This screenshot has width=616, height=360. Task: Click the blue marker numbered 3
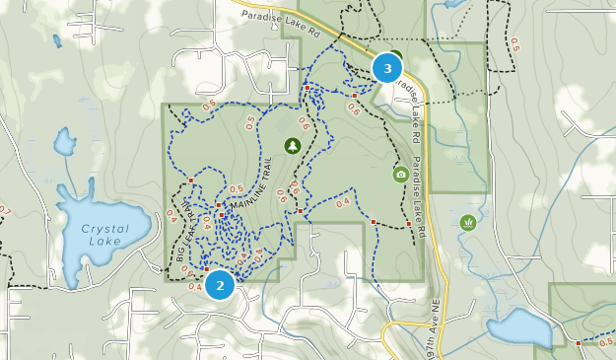coord(387,68)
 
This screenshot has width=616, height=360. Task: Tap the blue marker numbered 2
coord(219,285)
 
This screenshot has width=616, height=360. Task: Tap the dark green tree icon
coord(292,146)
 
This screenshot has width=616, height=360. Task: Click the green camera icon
coord(400,175)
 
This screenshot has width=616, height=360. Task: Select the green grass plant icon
coord(467,222)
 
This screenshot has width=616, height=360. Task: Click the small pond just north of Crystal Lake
coord(64,145)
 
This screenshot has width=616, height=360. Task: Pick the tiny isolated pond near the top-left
coord(56,41)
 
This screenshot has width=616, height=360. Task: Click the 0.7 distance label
coord(4,210)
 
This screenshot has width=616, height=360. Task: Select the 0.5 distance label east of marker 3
coord(513,45)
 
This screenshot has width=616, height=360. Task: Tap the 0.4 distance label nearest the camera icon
coord(343,202)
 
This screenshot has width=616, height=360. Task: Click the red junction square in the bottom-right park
coord(578,342)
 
